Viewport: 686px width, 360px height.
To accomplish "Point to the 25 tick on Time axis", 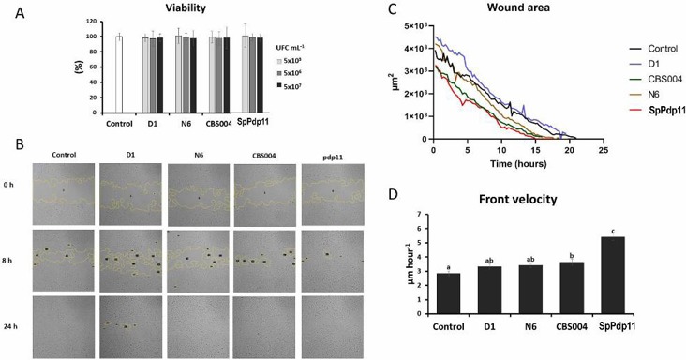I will (604, 150).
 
